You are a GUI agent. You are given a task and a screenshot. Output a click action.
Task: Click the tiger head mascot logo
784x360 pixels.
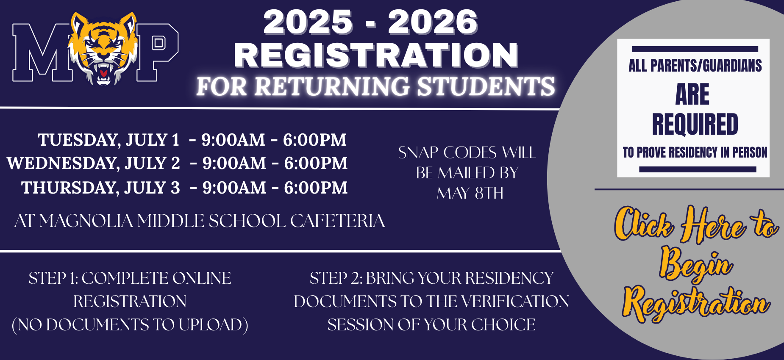103,48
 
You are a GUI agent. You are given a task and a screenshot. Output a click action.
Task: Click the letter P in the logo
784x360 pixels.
157,52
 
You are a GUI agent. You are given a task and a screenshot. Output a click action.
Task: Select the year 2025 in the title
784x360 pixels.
308,22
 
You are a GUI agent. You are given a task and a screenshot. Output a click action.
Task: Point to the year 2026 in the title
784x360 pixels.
433,22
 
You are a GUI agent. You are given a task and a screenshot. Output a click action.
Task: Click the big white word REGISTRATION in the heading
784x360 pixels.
376,55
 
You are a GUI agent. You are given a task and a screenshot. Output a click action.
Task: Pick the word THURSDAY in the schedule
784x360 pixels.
71,188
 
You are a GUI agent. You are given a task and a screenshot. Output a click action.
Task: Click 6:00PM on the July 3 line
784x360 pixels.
316,188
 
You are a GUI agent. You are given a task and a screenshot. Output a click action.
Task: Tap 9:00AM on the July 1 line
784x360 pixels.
233,140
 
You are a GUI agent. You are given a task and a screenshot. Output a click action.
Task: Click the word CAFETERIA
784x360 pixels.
337,221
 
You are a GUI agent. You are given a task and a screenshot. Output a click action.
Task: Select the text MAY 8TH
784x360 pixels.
470,194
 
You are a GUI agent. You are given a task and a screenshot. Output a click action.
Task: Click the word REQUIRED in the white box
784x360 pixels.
695,124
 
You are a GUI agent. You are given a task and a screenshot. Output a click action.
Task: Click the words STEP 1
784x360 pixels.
53,278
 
